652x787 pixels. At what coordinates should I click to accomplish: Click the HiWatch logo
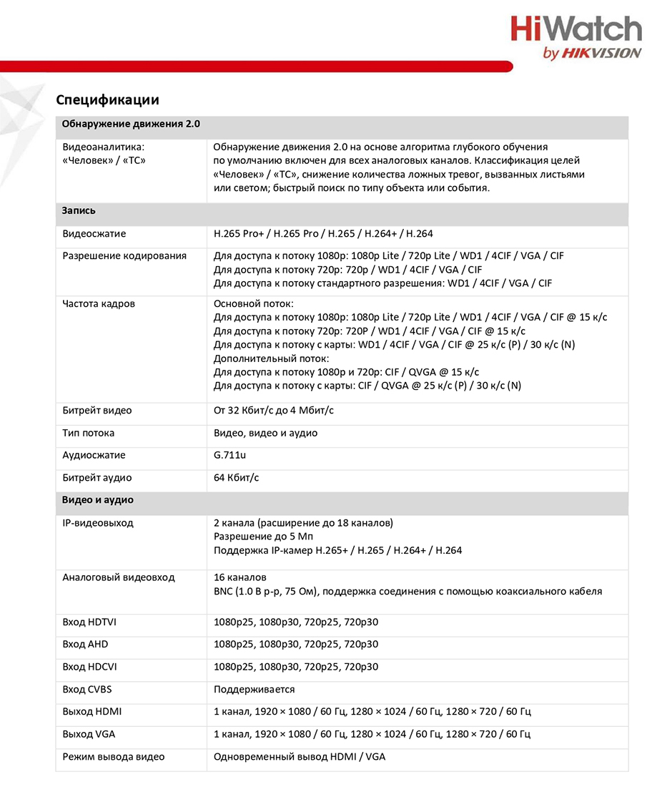click(576, 37)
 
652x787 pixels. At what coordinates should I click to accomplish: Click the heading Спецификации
click(107, 100)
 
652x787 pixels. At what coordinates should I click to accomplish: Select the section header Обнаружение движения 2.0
click(131, 124)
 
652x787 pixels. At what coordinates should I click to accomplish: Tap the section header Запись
click(79, 211)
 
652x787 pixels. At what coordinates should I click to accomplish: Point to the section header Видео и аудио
click(97, 500)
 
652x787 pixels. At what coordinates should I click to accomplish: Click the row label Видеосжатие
click(94, 234)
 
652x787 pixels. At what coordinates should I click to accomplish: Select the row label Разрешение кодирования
click(124, 256)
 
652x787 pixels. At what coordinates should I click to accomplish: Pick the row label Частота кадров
click(99, 304)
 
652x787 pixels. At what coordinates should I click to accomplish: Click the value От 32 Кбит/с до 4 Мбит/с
click(274, 411)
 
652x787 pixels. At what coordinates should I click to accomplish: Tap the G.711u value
click(230, 455)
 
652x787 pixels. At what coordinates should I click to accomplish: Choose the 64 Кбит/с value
click(237, 478)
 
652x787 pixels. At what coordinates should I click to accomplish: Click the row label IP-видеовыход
click(97, 523)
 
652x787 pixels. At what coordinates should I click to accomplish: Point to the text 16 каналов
click(240, 577)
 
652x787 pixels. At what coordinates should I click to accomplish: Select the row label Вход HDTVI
click(89, 622)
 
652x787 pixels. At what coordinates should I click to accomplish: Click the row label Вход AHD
click(85, 645)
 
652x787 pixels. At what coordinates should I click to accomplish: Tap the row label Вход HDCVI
click(89, 668)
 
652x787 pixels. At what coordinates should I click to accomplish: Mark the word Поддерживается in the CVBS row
click(255, 690)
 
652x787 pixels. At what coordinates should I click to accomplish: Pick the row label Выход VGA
click(89, 734)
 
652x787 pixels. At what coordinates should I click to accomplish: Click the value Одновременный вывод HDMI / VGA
click(300, 757)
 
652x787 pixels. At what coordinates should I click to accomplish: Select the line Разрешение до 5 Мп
click(263, 537)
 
